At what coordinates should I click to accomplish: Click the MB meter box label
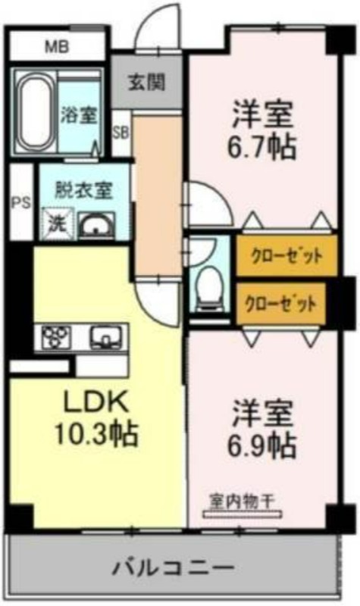[57, 47]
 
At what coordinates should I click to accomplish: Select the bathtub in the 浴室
[35, 112]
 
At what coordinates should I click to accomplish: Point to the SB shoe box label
[121, 133]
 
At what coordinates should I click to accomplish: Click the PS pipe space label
[21, 202]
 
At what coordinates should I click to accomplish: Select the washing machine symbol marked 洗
[58, 223]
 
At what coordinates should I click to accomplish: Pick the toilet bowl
[209, 287]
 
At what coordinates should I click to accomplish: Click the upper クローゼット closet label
[286, 255]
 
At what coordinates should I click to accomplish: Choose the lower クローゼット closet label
[280, 304]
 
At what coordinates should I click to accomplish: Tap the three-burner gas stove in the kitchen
[56, 337]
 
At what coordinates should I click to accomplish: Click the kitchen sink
[105, 336]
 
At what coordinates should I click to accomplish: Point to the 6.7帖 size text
[261, 147]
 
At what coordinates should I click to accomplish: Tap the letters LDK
[96, 403]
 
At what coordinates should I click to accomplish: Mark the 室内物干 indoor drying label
[242, 501]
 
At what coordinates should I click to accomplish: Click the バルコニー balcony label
[174, 568]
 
